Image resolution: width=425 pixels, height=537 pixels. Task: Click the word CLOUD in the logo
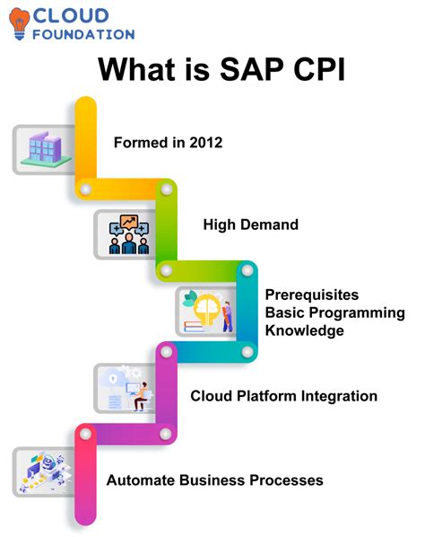[72, 15]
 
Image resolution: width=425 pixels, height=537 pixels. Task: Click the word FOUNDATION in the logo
[83, 34]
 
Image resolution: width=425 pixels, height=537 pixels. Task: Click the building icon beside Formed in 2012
[43, 147]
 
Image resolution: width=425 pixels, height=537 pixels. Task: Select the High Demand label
[250, 224]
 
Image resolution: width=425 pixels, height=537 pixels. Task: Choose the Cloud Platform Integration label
[283, 396]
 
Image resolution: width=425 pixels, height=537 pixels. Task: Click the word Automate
[140, 480]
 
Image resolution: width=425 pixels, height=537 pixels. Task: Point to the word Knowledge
[304, 330]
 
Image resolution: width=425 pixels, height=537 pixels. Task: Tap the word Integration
[337, 396]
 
